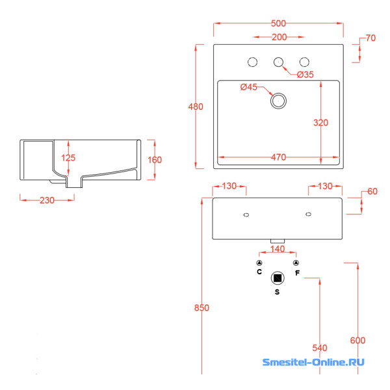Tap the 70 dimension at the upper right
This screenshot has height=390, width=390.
pos(370,38)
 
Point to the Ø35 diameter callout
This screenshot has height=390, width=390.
pos(305,75)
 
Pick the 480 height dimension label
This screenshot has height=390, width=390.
pos(196,107)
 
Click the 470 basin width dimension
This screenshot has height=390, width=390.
pos(279,157)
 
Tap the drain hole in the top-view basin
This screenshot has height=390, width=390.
pos(279,100)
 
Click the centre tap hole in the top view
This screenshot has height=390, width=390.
pos(279,62)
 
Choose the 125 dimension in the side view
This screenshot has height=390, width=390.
pos(69,158)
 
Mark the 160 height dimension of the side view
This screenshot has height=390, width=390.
pos(154,160)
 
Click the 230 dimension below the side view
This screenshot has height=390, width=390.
pos(47,200)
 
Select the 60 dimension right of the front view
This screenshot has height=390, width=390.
pos(372,192)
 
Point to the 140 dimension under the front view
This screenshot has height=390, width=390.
pos(278,249)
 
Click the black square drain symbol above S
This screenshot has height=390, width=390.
pos(278,278)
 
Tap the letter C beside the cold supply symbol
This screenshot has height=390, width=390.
pos(259,272)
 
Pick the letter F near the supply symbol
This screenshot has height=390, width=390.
pos(297,273)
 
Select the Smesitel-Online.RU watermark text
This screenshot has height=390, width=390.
pos(313,363)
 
